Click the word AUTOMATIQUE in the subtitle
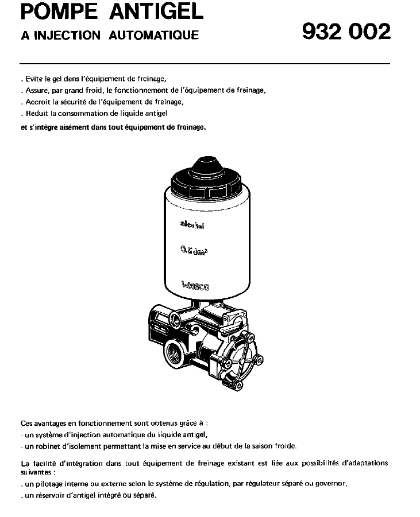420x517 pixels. (156, 36)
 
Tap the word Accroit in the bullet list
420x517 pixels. (36, 102)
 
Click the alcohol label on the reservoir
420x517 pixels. (193, 225)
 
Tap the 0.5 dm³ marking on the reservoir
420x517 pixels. (194, 251)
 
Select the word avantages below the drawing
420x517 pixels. (50, 423)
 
